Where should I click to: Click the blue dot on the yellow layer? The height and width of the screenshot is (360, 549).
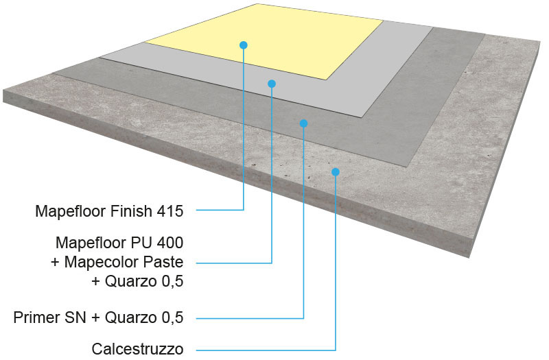(244, 45)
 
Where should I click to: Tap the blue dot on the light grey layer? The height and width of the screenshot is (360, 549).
(272, 84)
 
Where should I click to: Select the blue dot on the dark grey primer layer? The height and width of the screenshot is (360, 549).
(303, 123)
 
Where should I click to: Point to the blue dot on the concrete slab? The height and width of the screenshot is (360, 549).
(336, 172)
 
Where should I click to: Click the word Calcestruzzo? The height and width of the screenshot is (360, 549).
(137, 349)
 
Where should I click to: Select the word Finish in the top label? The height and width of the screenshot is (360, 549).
(131, 211)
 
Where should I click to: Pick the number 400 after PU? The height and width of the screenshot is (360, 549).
(170, 243)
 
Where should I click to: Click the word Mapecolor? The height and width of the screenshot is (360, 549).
(99, 262)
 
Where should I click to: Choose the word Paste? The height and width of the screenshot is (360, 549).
(161, 262)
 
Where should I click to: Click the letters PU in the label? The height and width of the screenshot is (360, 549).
(142, 243)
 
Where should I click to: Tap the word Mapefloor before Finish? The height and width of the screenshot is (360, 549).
(71, 211)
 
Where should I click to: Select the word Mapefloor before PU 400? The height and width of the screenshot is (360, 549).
(91, 243)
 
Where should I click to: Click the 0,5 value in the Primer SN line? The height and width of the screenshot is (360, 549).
(172, 317)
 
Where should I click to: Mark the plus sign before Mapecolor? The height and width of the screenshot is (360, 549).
(55, 263)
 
